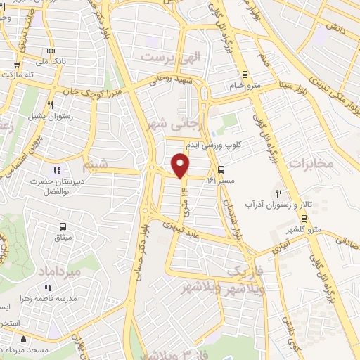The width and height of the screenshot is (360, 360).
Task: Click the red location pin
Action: coord(181,165)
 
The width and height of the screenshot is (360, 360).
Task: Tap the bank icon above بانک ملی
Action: coord(50,51)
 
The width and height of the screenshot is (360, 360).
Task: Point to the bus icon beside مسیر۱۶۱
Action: coord(221,169)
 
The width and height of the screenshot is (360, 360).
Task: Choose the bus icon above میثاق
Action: coord(63,226)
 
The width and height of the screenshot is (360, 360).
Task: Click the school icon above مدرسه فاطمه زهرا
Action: coord(49,287)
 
